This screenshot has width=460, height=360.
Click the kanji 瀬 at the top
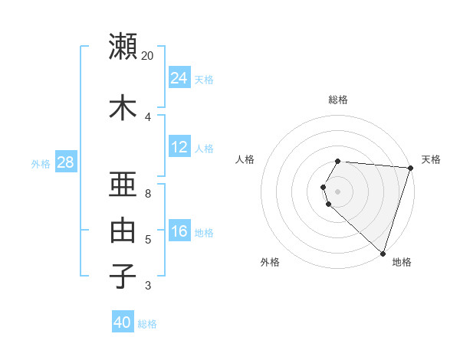click(123, 46)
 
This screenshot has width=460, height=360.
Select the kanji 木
click(123, 107)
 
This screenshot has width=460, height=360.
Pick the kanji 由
click(123, 231)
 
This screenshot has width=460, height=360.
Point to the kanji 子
click(123, 276)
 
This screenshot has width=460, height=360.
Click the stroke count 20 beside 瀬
click(148, 56)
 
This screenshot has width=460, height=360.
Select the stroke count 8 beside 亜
click(148, 194)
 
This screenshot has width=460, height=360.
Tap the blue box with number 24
click(179, 78)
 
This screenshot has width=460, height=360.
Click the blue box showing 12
click(179, 147)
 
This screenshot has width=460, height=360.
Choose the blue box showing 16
click(179, 231)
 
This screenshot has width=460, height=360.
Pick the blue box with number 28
click(65, 162)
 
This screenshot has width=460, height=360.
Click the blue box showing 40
click(123, 322)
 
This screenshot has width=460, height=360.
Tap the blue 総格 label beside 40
click(147, 324)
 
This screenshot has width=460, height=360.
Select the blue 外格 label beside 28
click(41, 164)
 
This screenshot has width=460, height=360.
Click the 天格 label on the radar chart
click(431, 159)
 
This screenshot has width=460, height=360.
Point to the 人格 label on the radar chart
click(245, 159)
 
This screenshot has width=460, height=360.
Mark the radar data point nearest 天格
click(410, 169)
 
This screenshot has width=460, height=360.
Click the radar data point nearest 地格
click(383, 253)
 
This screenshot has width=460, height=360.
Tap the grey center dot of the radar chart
click(338, 191)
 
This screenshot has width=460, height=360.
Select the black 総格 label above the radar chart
click(338, 100)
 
